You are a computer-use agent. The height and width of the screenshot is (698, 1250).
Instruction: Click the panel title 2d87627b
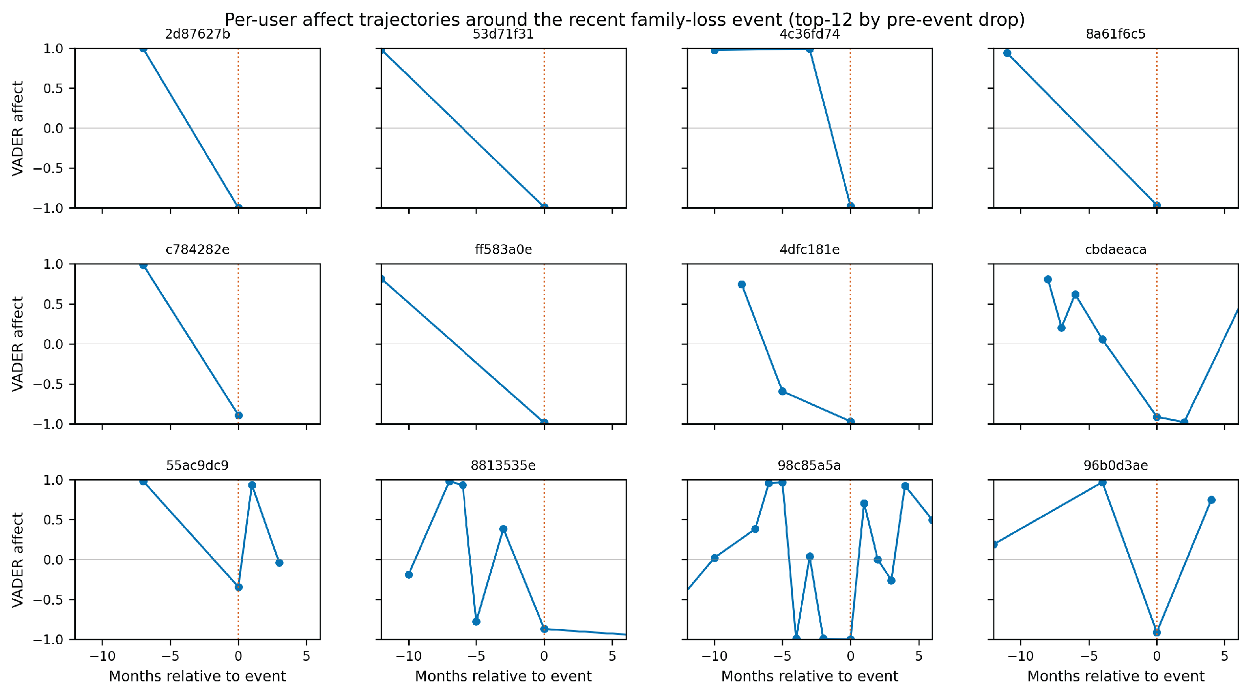tap(197, 34)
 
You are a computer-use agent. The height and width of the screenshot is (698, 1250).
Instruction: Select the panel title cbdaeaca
tap(1116, 250)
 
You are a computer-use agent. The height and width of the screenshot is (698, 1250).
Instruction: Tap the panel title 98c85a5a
tap(809, 465)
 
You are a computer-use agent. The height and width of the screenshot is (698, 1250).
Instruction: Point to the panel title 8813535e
tap(503, 465)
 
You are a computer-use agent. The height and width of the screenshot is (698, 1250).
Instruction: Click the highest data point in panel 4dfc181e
tap(742, 284)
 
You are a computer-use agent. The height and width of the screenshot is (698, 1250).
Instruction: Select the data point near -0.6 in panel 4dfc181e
tap(782, 391)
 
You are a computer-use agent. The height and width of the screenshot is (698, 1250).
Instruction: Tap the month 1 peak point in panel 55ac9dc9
tap(252, 485)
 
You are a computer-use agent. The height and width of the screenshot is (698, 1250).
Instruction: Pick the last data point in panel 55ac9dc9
tap(279, 563)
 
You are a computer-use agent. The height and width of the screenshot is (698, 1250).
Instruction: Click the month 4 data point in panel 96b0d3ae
tap(1211, 500)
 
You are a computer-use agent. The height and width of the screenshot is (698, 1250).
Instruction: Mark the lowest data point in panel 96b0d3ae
tap(1157, 633)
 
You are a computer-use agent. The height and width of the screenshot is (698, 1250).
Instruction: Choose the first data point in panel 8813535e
tap(409, 575)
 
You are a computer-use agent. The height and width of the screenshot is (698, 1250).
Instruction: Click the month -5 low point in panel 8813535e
tap(476, 622)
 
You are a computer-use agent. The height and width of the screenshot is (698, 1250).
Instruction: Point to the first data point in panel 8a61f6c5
tap(1007, 53)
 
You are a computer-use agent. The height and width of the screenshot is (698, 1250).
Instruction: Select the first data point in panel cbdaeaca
tap(1048, 280)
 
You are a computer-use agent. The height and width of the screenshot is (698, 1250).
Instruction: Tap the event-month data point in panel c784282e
tap(239, 415)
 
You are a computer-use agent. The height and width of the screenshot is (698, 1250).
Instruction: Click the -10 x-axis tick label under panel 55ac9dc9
tap(102, 656)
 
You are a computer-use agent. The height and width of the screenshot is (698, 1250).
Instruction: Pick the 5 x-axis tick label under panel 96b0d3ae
tap(1225, 656)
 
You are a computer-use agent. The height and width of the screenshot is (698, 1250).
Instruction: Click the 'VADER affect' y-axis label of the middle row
tap(18, 344)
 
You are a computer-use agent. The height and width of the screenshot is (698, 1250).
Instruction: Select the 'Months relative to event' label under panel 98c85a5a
tap(810, 676)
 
